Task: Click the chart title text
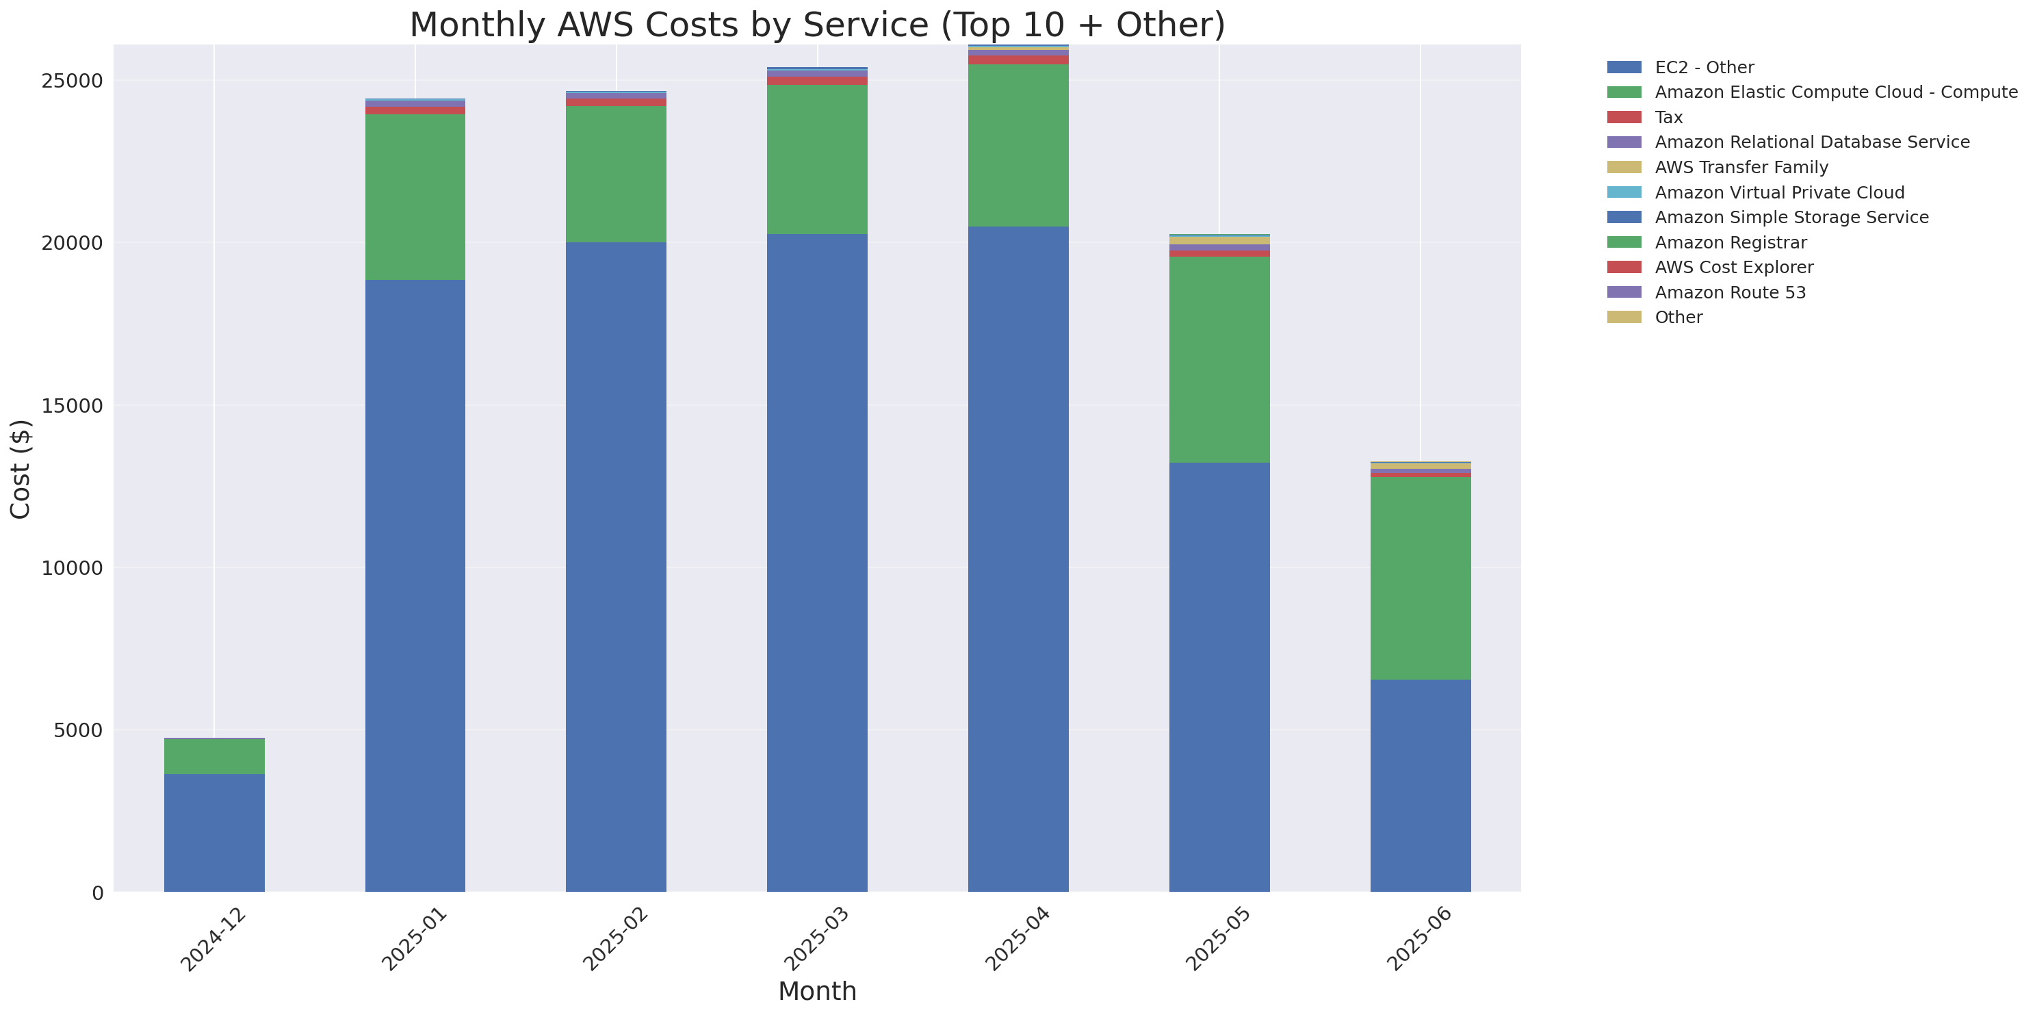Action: [817, 25]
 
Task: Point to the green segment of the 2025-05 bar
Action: [1219, 359]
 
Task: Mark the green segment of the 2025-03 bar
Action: [817, 159]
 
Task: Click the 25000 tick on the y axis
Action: [72, 81]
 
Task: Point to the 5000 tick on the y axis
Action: [78, 730]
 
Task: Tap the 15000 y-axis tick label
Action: [72, 405]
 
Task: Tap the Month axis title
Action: [817, 990]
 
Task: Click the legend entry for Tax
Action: [1668, 117]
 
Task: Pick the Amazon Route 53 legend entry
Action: [1729, 292]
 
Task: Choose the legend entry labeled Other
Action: [1678, 317]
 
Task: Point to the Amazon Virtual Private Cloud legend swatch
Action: [1624, 192]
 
